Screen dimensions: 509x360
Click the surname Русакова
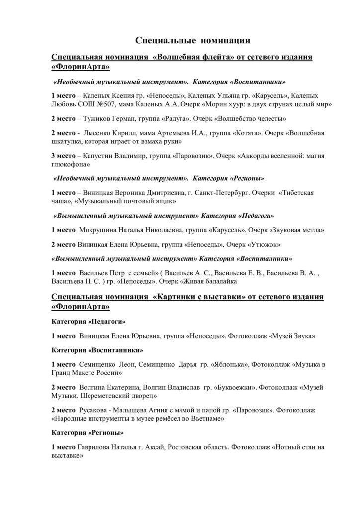click(93, 410)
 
